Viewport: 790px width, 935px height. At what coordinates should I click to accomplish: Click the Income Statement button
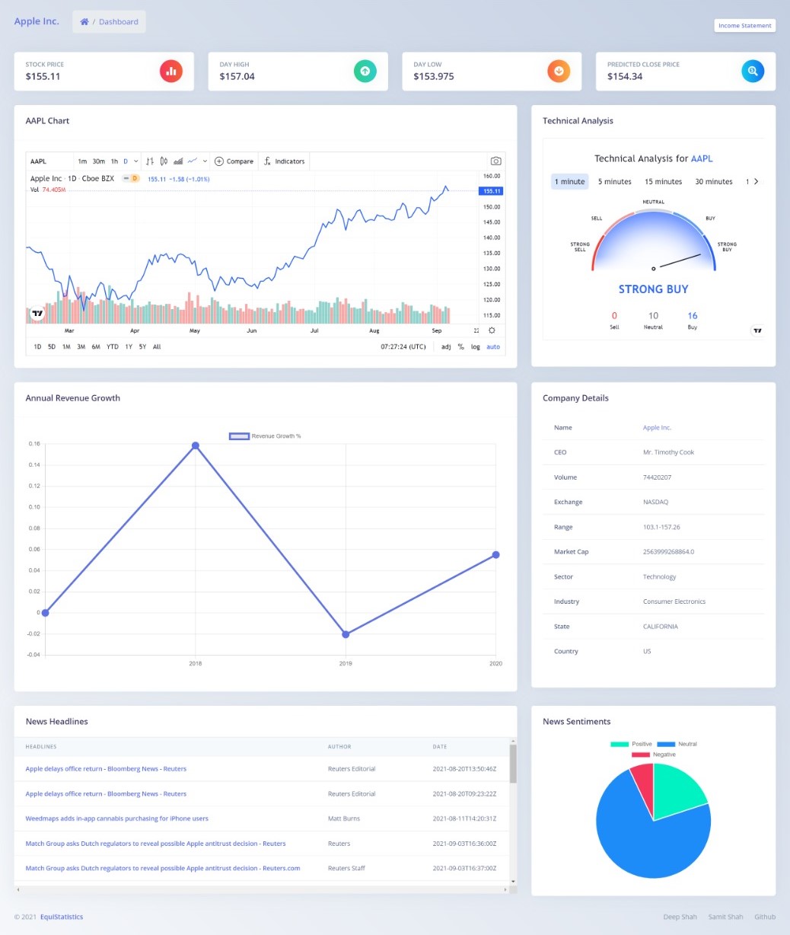(x=744, y=26)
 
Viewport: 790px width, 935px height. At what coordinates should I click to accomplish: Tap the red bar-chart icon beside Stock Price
(x=171, y=71)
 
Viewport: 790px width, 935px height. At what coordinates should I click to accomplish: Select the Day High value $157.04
(x=237, y=76)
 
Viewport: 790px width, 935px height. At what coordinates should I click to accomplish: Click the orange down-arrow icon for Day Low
(x=559, y=71)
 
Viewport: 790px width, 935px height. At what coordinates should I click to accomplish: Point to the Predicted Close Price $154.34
(x=625, y=76)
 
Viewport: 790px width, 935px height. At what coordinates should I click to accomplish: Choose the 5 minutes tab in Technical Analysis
(x=614, y=182)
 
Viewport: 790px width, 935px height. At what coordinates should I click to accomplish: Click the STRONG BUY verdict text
(x=653, y=289)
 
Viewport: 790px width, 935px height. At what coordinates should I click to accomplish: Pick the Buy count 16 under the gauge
(x=692, y=316)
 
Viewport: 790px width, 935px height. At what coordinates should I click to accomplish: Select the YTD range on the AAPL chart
(x=112, y=347)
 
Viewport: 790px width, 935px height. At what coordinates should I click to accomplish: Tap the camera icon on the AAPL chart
(x=495, y=161)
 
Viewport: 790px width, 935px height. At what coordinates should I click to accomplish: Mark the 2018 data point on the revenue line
(x=196, y=445)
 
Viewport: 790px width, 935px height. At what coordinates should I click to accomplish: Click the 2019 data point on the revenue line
(x=346, y=634)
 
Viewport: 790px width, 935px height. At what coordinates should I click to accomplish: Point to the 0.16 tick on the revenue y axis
(x=34, y=444)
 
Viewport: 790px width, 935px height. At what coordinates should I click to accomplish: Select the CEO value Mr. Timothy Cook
(x=668, y=452)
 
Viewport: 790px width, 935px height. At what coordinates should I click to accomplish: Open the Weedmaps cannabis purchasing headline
(x=116, y=819)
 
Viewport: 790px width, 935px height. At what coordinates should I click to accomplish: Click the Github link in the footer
(x=765, y=917)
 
